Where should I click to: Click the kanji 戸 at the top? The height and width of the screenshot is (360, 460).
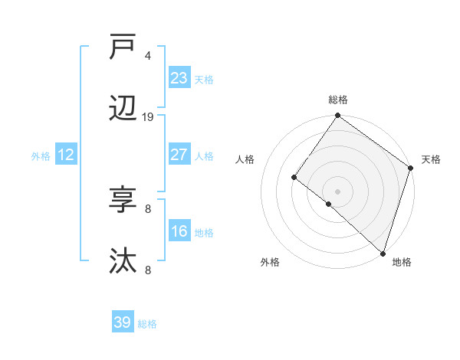click(x=123, y=47)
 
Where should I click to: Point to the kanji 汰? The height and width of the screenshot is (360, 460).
click(x=123, y=261)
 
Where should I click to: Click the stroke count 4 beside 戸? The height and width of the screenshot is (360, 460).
click(x=148, y=56)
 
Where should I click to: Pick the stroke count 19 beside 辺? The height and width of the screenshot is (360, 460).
click(x=148, y=117)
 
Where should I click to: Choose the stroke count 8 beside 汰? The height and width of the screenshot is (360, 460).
click(x=148, y=270)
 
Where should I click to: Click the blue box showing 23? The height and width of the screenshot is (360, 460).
click(x=179, y=78)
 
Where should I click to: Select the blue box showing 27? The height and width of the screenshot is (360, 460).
click(x=179, y=155)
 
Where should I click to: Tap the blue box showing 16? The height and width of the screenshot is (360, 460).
click(x=179, y=231)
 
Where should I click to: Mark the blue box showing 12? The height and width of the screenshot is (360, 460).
click(x=66, y=155)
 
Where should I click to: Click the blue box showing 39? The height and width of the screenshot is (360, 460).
click(x=123, y=322)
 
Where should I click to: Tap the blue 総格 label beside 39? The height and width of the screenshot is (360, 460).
click(x=147, y=324)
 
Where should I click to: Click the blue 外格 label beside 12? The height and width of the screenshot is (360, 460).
click(x=41, y=156)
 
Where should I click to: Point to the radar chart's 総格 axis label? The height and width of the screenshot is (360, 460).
click(x=338, y=100)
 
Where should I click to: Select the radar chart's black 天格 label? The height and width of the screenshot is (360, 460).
click(x=431, y=159)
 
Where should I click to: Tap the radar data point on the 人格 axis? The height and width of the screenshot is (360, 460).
click(x=294, y=177)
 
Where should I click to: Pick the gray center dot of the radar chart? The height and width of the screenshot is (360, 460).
click(x=338, y=191)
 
